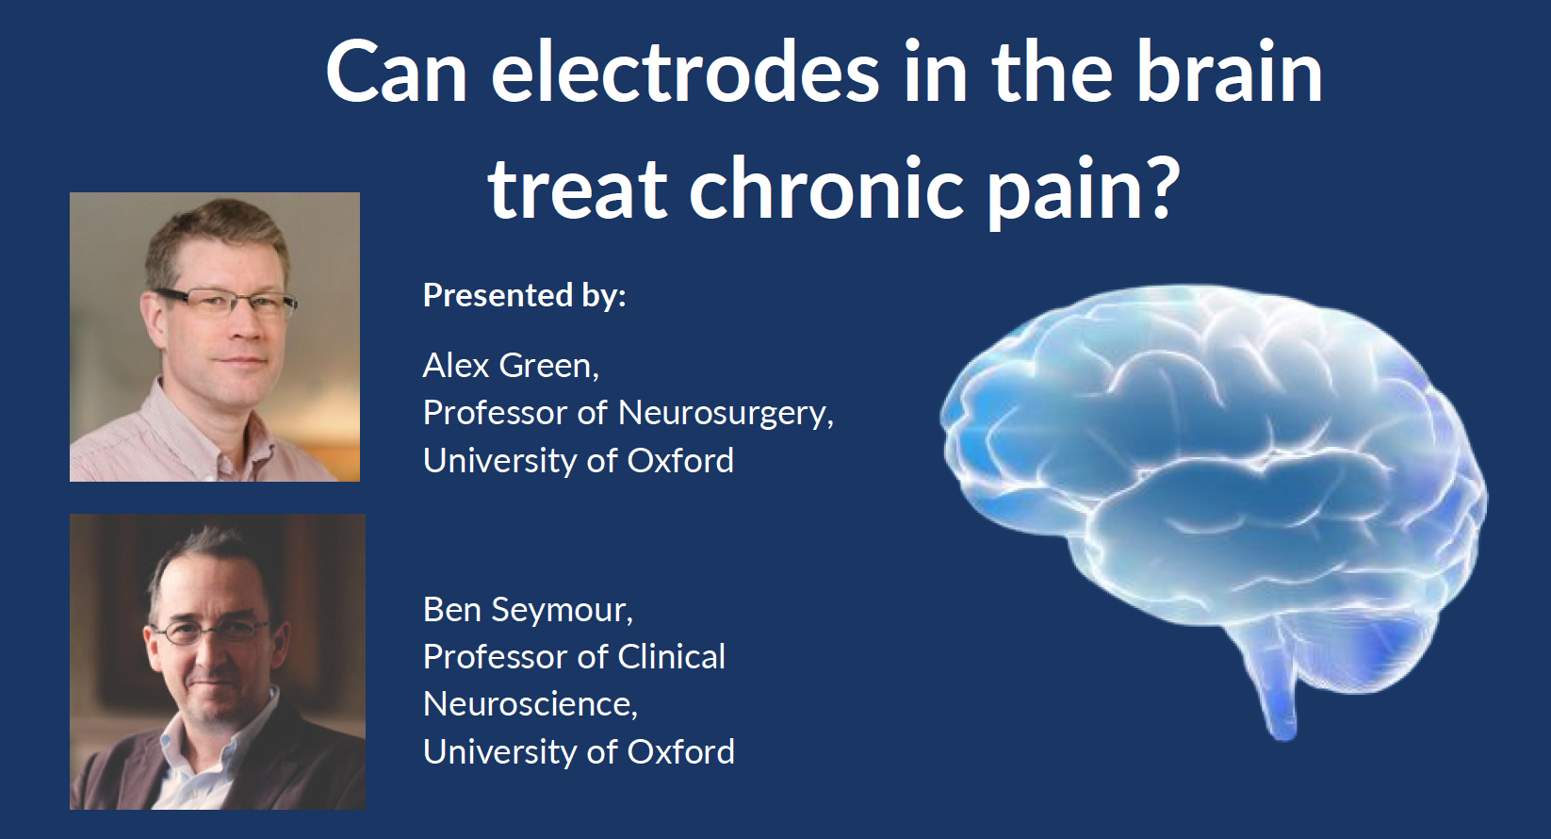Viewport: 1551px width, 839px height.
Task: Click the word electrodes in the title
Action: [685, 74]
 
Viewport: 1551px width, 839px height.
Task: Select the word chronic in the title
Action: [827, 189]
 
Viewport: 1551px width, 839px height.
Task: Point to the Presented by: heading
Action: [524, 295]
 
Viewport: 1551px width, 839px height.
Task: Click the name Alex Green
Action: [510, 366]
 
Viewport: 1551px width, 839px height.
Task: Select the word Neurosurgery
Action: [725, 414]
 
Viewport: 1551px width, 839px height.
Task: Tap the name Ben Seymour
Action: [527, 610]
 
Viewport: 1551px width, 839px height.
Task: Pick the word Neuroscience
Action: [530, 704]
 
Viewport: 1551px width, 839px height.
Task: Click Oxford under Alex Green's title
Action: [680, 461]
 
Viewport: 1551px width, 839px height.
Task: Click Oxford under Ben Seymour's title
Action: [680, 752]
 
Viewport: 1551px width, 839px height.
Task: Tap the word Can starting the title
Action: [396, 74]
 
